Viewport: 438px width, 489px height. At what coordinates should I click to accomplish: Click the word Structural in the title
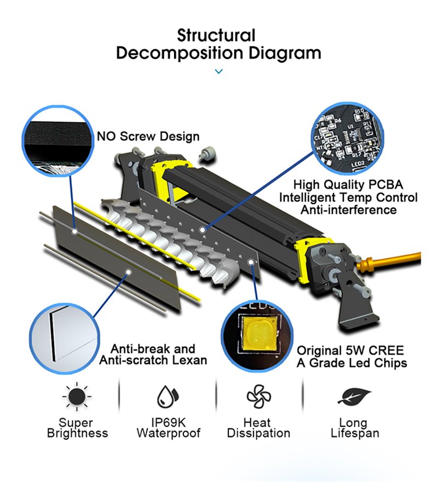point(216,36)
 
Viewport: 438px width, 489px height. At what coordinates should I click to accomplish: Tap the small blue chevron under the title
point(218,71)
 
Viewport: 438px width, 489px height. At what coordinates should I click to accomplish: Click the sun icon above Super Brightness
point(77,396)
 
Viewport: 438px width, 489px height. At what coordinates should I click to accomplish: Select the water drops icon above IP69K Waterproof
point(168,396)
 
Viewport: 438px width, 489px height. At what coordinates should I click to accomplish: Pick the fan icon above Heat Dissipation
point(258,396)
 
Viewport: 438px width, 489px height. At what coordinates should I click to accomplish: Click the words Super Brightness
point(77,428)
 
